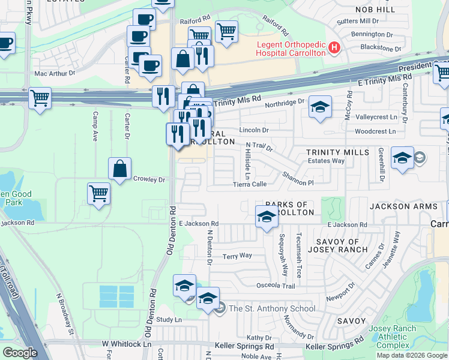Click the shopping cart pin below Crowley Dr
99,194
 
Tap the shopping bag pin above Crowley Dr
120,169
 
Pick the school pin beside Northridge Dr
321,108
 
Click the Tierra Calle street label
250,184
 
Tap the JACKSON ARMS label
400,206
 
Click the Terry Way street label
237,256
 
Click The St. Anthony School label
272,309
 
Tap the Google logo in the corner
20,353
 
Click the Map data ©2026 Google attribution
412,355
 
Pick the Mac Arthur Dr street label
55,73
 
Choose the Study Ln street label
169,320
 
